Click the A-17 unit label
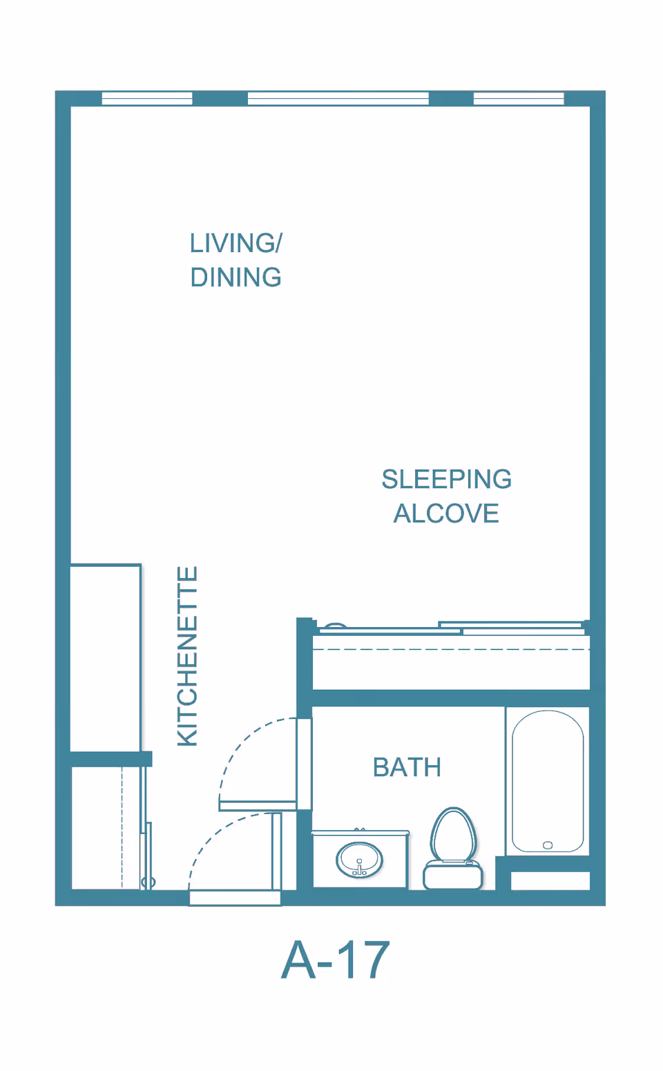tap(336, 960)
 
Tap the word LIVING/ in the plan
tap(236, 243)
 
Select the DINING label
tap(236, 278)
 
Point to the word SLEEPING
tap(446, 479)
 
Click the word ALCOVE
tap(446, 514)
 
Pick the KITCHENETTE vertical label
tap(188, 656)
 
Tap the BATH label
tap(407, 767)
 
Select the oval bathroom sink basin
tap(359, 859)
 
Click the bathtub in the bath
tap(548, 781)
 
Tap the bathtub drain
tap(548, 845)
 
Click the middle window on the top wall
tap(338, 99)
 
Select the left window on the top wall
tap(147, 99)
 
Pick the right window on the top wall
tap(519, 99)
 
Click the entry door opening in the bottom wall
tap(235, 898)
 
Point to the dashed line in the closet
tap(122, 828)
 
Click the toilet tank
tap(453, 875)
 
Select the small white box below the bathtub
tap(550, 880)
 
